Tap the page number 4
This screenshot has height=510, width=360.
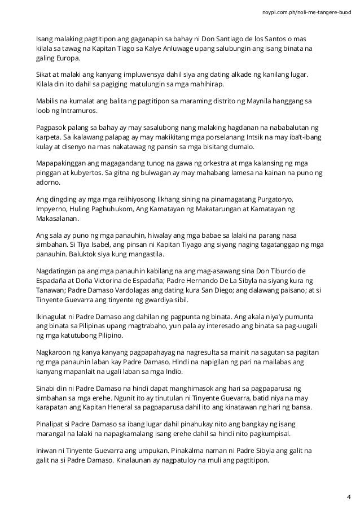(x=348, y=497)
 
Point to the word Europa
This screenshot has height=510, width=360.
(x=68, y=58)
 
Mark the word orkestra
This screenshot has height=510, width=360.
(x=177, y=163)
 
